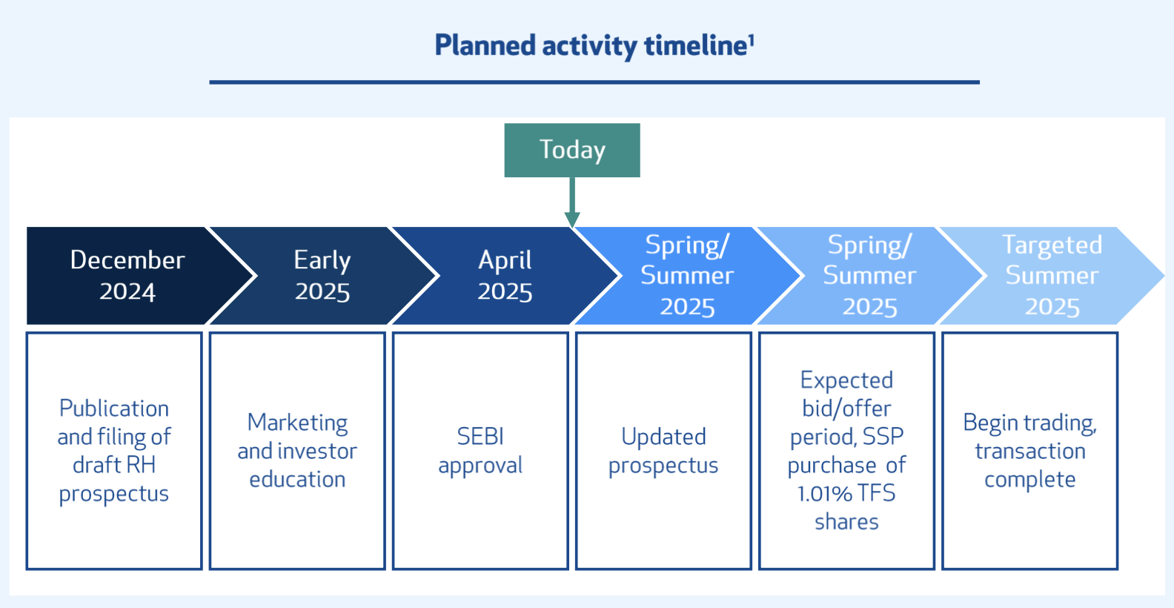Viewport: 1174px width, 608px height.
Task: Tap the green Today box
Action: (x=571, y=151)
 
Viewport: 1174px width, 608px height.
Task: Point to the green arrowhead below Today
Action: (x=571, y=219)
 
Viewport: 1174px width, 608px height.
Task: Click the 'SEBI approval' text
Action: (x=480, y=451)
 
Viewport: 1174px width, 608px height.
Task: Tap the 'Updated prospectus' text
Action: (x=663, y=451)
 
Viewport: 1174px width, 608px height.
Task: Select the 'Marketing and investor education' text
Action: (x=297, y=451)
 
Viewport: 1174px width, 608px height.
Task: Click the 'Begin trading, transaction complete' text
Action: (x=1030, y=451)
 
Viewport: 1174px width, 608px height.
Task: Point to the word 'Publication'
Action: (x=114, y=409)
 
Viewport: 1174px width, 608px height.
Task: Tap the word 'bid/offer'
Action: (x=846, y=409)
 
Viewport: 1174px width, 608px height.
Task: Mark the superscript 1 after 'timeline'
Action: (x=751, y=40)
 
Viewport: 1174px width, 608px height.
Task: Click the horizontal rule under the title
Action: (x=594, y=82)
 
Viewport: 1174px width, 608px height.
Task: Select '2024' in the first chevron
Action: (x=127, y=291)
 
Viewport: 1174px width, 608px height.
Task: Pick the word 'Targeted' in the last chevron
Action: (x=1052, y=245)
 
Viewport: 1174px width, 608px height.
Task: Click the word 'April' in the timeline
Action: (x=505, y=261)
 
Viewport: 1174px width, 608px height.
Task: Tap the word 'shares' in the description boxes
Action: (x=846, y=522)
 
